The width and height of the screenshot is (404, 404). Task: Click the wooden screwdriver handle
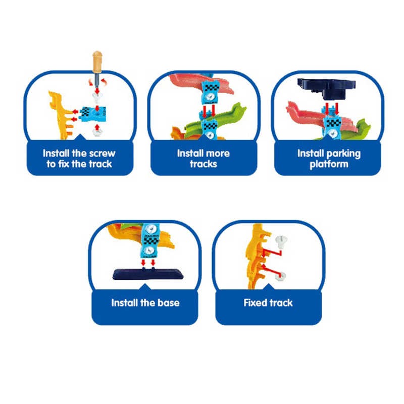coord(97,62)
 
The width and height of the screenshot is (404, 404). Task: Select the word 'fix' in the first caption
coord(64,164)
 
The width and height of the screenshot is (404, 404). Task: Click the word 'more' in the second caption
coord(218,154)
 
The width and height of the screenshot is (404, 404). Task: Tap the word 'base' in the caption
coord(169,302)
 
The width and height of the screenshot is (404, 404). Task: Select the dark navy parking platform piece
coord(327,89)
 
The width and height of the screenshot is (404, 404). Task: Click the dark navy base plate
coord(148,274)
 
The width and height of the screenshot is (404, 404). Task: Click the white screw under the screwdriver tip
coord(97,97)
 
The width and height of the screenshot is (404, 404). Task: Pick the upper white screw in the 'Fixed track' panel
coord(281,241)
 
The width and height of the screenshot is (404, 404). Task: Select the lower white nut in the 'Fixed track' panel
coord(280,276)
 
